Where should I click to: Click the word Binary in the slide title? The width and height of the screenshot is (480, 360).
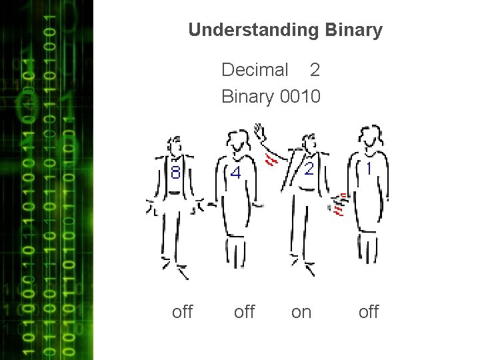(355, 30)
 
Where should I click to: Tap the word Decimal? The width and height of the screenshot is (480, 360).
(255, 69)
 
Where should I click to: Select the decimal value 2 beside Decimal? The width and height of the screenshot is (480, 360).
(315, 69)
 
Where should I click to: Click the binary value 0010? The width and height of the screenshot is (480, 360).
(301, 97)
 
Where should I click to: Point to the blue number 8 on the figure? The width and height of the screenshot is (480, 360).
(175, 173)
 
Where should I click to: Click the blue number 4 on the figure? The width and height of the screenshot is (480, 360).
(235, 173)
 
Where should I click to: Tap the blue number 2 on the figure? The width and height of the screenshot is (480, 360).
(309, 169)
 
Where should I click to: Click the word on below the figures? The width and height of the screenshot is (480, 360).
(301, 311)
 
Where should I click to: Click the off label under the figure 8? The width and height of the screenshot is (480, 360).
(182, 311)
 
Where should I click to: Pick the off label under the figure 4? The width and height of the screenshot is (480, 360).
(245, 311)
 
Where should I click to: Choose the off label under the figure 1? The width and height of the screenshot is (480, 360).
(368, 311)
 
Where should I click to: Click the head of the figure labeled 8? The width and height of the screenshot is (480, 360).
(175, 144)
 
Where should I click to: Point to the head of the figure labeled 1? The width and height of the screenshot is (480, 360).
(369, 136)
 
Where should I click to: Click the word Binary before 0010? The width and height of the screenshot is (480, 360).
(247, 97)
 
